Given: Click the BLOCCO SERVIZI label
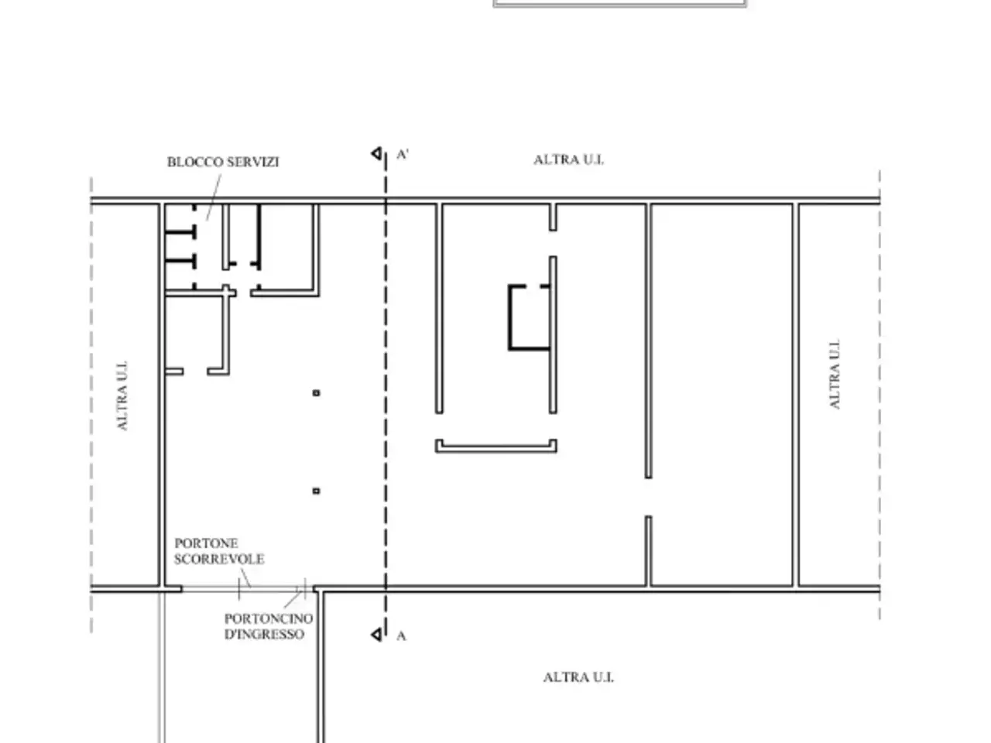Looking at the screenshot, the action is (x=223, y=162).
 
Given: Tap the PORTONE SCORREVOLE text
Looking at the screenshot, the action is (x=219, y=551).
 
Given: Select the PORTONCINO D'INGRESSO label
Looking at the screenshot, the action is (x=269, y=626).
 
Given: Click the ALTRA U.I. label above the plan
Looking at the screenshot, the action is (x=569, y=159).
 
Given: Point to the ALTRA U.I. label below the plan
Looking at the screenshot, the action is (x=578, y=677).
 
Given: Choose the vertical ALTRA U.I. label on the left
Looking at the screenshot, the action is (x=122, y=395).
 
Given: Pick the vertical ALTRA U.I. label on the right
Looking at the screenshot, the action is (x=835, y=374).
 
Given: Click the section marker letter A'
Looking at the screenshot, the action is (x=403, y=154).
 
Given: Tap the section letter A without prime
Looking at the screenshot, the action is (x=401, y=636).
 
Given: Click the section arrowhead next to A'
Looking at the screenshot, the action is (x=376, y=154).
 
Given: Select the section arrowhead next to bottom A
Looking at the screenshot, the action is (x=376, y=635).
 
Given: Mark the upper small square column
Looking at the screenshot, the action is (x=316, y=393).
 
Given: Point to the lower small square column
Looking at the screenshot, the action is (x=316, y=491).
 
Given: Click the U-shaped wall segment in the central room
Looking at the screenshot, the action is (x=495, y=449).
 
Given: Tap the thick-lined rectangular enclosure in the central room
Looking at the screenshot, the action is (x=509, y=318).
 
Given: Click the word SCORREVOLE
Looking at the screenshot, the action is (x=219, y=560).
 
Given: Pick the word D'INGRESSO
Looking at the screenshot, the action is (x=264, y=635).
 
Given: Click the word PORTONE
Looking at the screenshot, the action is (x=206, y=543).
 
